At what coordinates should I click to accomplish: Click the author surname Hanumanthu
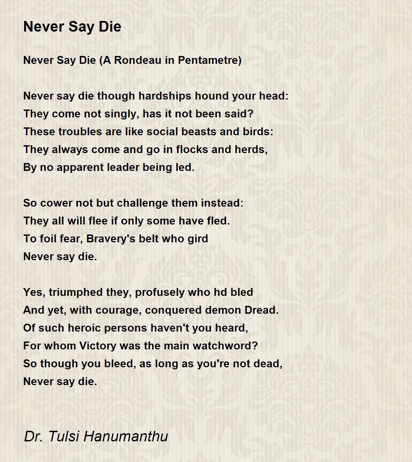point(126,436)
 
